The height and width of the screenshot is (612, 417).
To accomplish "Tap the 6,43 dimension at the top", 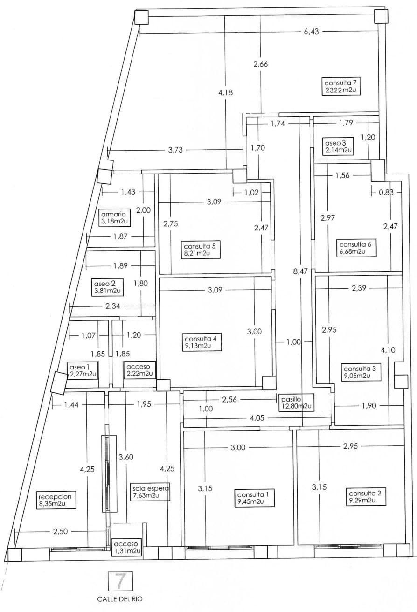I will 311,32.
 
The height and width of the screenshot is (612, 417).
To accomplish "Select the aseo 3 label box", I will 338,146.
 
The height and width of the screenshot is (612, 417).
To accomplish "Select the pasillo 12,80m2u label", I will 296,402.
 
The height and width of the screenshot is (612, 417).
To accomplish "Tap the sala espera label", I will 150,492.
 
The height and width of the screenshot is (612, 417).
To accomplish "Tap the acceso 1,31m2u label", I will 126,548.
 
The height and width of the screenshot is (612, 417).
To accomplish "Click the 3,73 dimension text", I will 176,149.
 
